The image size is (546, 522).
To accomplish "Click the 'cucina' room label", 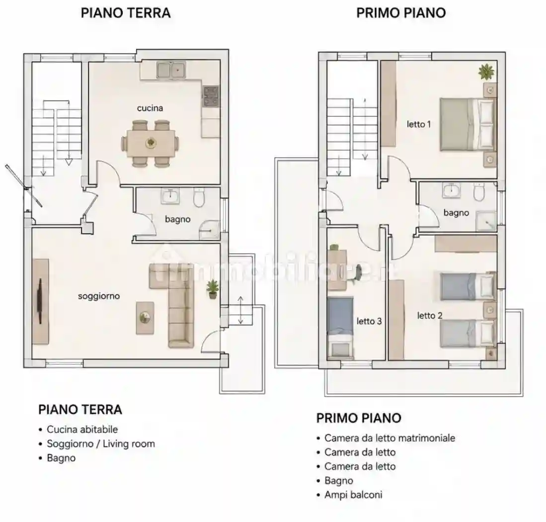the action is (150, 108).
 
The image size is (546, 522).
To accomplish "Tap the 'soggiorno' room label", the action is (99, 296).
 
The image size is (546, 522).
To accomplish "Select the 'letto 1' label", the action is (419, 124).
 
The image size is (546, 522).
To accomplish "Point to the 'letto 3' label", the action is (369, 321).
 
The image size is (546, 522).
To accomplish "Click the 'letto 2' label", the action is (430, 316).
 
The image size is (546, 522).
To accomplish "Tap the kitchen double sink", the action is (170, 70).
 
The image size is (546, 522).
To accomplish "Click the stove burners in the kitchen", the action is (211, 96).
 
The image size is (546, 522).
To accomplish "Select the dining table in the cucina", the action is (151, 143).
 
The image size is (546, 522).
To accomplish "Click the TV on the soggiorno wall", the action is (39, 301).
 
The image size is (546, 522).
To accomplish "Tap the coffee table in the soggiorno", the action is (145, 318).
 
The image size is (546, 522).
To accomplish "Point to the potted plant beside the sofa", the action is (213, 289).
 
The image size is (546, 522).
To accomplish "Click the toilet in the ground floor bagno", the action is (200, 197).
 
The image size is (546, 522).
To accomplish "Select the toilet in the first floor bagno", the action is (479, 192).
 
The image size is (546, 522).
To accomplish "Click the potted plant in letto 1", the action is (486, 72).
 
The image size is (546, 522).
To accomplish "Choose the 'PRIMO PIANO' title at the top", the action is (401, 13).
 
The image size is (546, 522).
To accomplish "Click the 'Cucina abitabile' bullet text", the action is (82, 430).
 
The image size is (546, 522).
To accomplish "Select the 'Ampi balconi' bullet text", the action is (353, 495).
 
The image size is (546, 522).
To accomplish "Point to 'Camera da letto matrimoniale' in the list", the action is (390, 438).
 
